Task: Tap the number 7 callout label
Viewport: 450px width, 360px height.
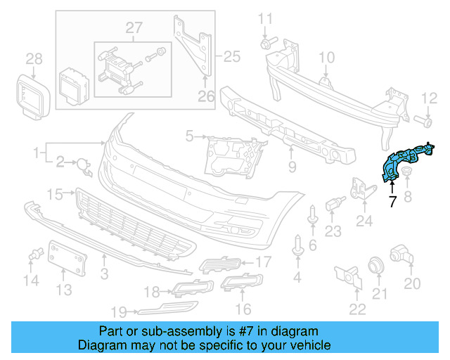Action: pyautogui.click(x=392, y=202)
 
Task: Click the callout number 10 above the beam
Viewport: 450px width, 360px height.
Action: pyautogui.click(x=327, y=58)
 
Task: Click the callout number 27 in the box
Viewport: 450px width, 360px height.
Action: pyautogui.click(x=134, y=28)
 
